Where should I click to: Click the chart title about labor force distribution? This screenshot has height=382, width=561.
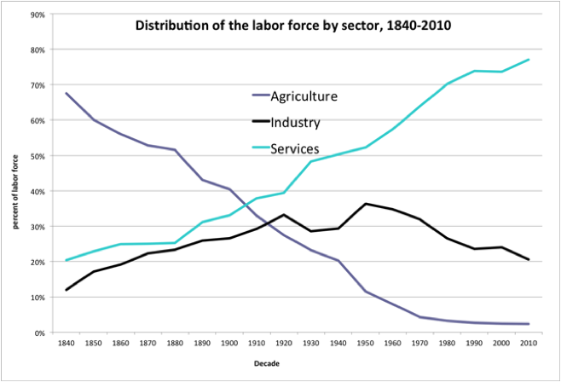point(292,26)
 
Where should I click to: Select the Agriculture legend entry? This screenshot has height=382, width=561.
point(304,96)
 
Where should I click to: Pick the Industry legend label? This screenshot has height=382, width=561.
point(295,123)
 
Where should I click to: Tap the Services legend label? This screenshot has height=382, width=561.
point(295,149)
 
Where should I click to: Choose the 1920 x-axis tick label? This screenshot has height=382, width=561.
point(284,343)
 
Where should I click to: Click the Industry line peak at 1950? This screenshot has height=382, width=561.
point(367,204)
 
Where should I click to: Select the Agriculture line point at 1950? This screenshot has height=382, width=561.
point(367,292)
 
